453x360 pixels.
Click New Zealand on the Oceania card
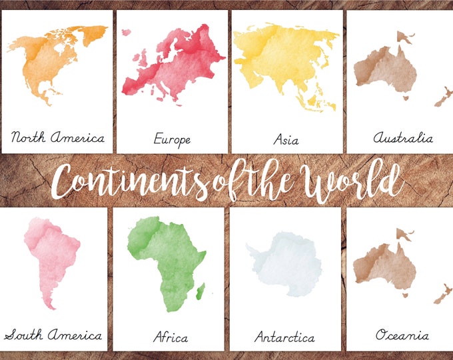click(441, 291)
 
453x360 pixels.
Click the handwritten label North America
click(58, 138)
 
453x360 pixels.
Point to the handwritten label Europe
click(172, 139)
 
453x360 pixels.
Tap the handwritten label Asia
click(286, 140)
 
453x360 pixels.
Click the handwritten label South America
click(53, 335)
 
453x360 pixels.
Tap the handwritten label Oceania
click(401, 335)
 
